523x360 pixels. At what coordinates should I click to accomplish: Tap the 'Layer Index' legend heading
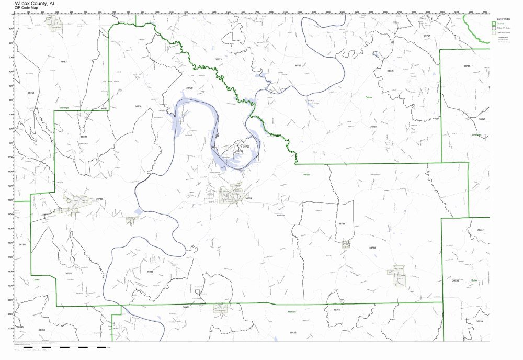[x=503, y=18]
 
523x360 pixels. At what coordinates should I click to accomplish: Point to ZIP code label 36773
[x=219, y=59]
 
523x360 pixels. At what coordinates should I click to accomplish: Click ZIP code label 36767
[x=298, y=65]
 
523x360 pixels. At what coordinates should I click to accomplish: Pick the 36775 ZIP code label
[x=390, y=70]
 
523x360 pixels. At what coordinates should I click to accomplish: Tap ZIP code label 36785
[x=467, y=66]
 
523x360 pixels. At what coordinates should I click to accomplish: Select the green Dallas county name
[x=370, y=97]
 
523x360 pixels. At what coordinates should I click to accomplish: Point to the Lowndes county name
[x=476, y=134]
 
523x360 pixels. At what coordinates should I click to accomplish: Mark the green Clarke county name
[x=36, y=279]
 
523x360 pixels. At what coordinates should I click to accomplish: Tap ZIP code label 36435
[x=150, y=271]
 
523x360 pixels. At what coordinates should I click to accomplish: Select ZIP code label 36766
[x=342, y=223]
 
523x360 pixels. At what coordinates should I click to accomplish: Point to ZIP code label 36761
[x=388, y=126]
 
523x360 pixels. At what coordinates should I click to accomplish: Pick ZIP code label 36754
[x=31, y=93]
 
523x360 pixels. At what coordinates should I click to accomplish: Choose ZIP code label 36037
[x=480, y=230]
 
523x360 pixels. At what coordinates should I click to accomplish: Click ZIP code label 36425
[x=293, y=332]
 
